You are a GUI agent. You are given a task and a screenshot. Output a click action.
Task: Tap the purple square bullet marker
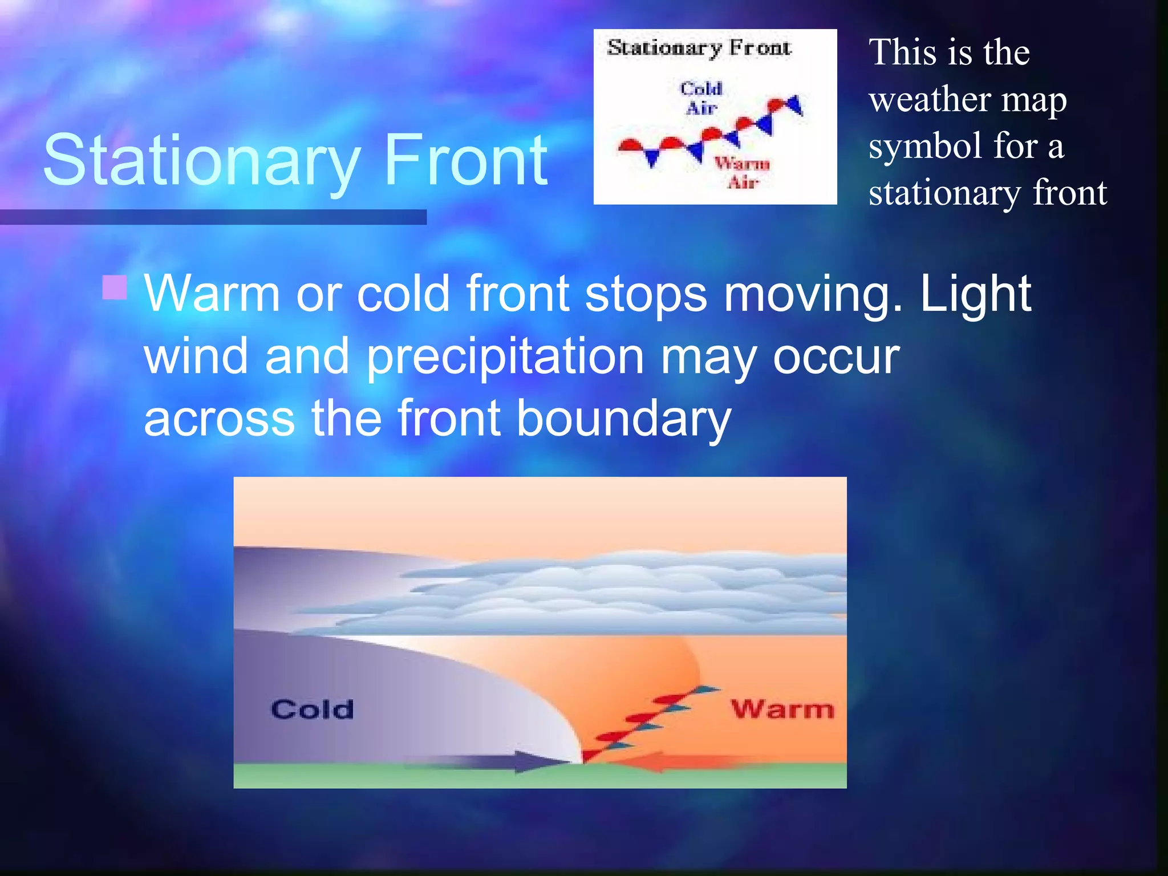[x=115, y=287]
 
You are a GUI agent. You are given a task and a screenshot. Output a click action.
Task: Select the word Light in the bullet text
[x=975, y=294]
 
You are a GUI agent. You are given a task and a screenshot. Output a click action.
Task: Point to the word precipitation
[x=505, y=357]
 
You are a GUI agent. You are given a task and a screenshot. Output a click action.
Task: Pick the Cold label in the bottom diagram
[x=312, y=710]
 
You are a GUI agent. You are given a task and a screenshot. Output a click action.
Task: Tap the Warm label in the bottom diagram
[x=782, y=710]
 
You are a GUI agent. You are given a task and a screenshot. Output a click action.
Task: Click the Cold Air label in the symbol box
[x=701, y=98]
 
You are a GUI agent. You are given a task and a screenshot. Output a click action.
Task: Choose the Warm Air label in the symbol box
[x=742, y=173]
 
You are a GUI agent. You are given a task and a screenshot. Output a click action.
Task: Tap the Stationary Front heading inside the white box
[x=699, y=48]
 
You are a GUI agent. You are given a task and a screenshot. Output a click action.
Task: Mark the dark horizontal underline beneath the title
[x=213, y=217]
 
